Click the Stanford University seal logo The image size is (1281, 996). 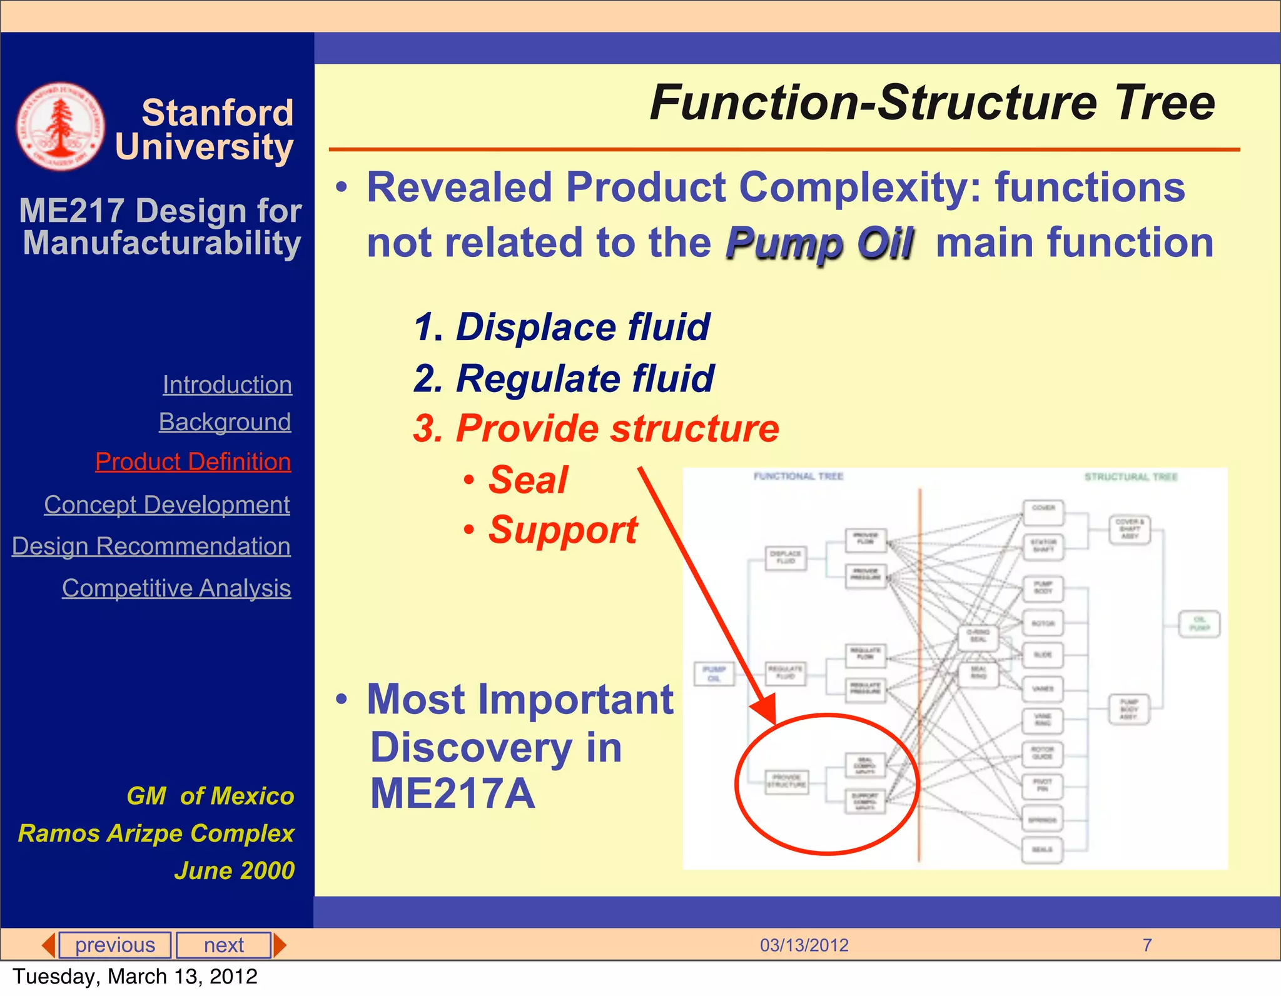[60, 126]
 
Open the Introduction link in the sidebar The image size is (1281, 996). [227, 385]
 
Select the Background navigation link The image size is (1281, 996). [225, 422]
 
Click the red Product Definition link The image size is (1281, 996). [193, 461]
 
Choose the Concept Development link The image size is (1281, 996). [167, 505]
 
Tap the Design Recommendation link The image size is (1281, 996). [151, 546]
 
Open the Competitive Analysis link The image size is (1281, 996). [176, 588]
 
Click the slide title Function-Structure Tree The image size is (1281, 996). [932, 103]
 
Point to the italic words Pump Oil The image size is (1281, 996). [819, 243]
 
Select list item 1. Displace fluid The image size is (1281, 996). [562, 327]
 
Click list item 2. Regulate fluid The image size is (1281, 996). [564, 378]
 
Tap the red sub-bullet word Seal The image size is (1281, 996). [528, 480]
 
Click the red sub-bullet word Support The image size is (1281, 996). [562, 530]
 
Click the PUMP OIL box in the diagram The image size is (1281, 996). [714, 673]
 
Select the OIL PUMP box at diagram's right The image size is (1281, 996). [1199, 623]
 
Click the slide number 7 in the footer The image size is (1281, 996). [1147, 945]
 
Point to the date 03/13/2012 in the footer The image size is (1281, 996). [804, 945]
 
